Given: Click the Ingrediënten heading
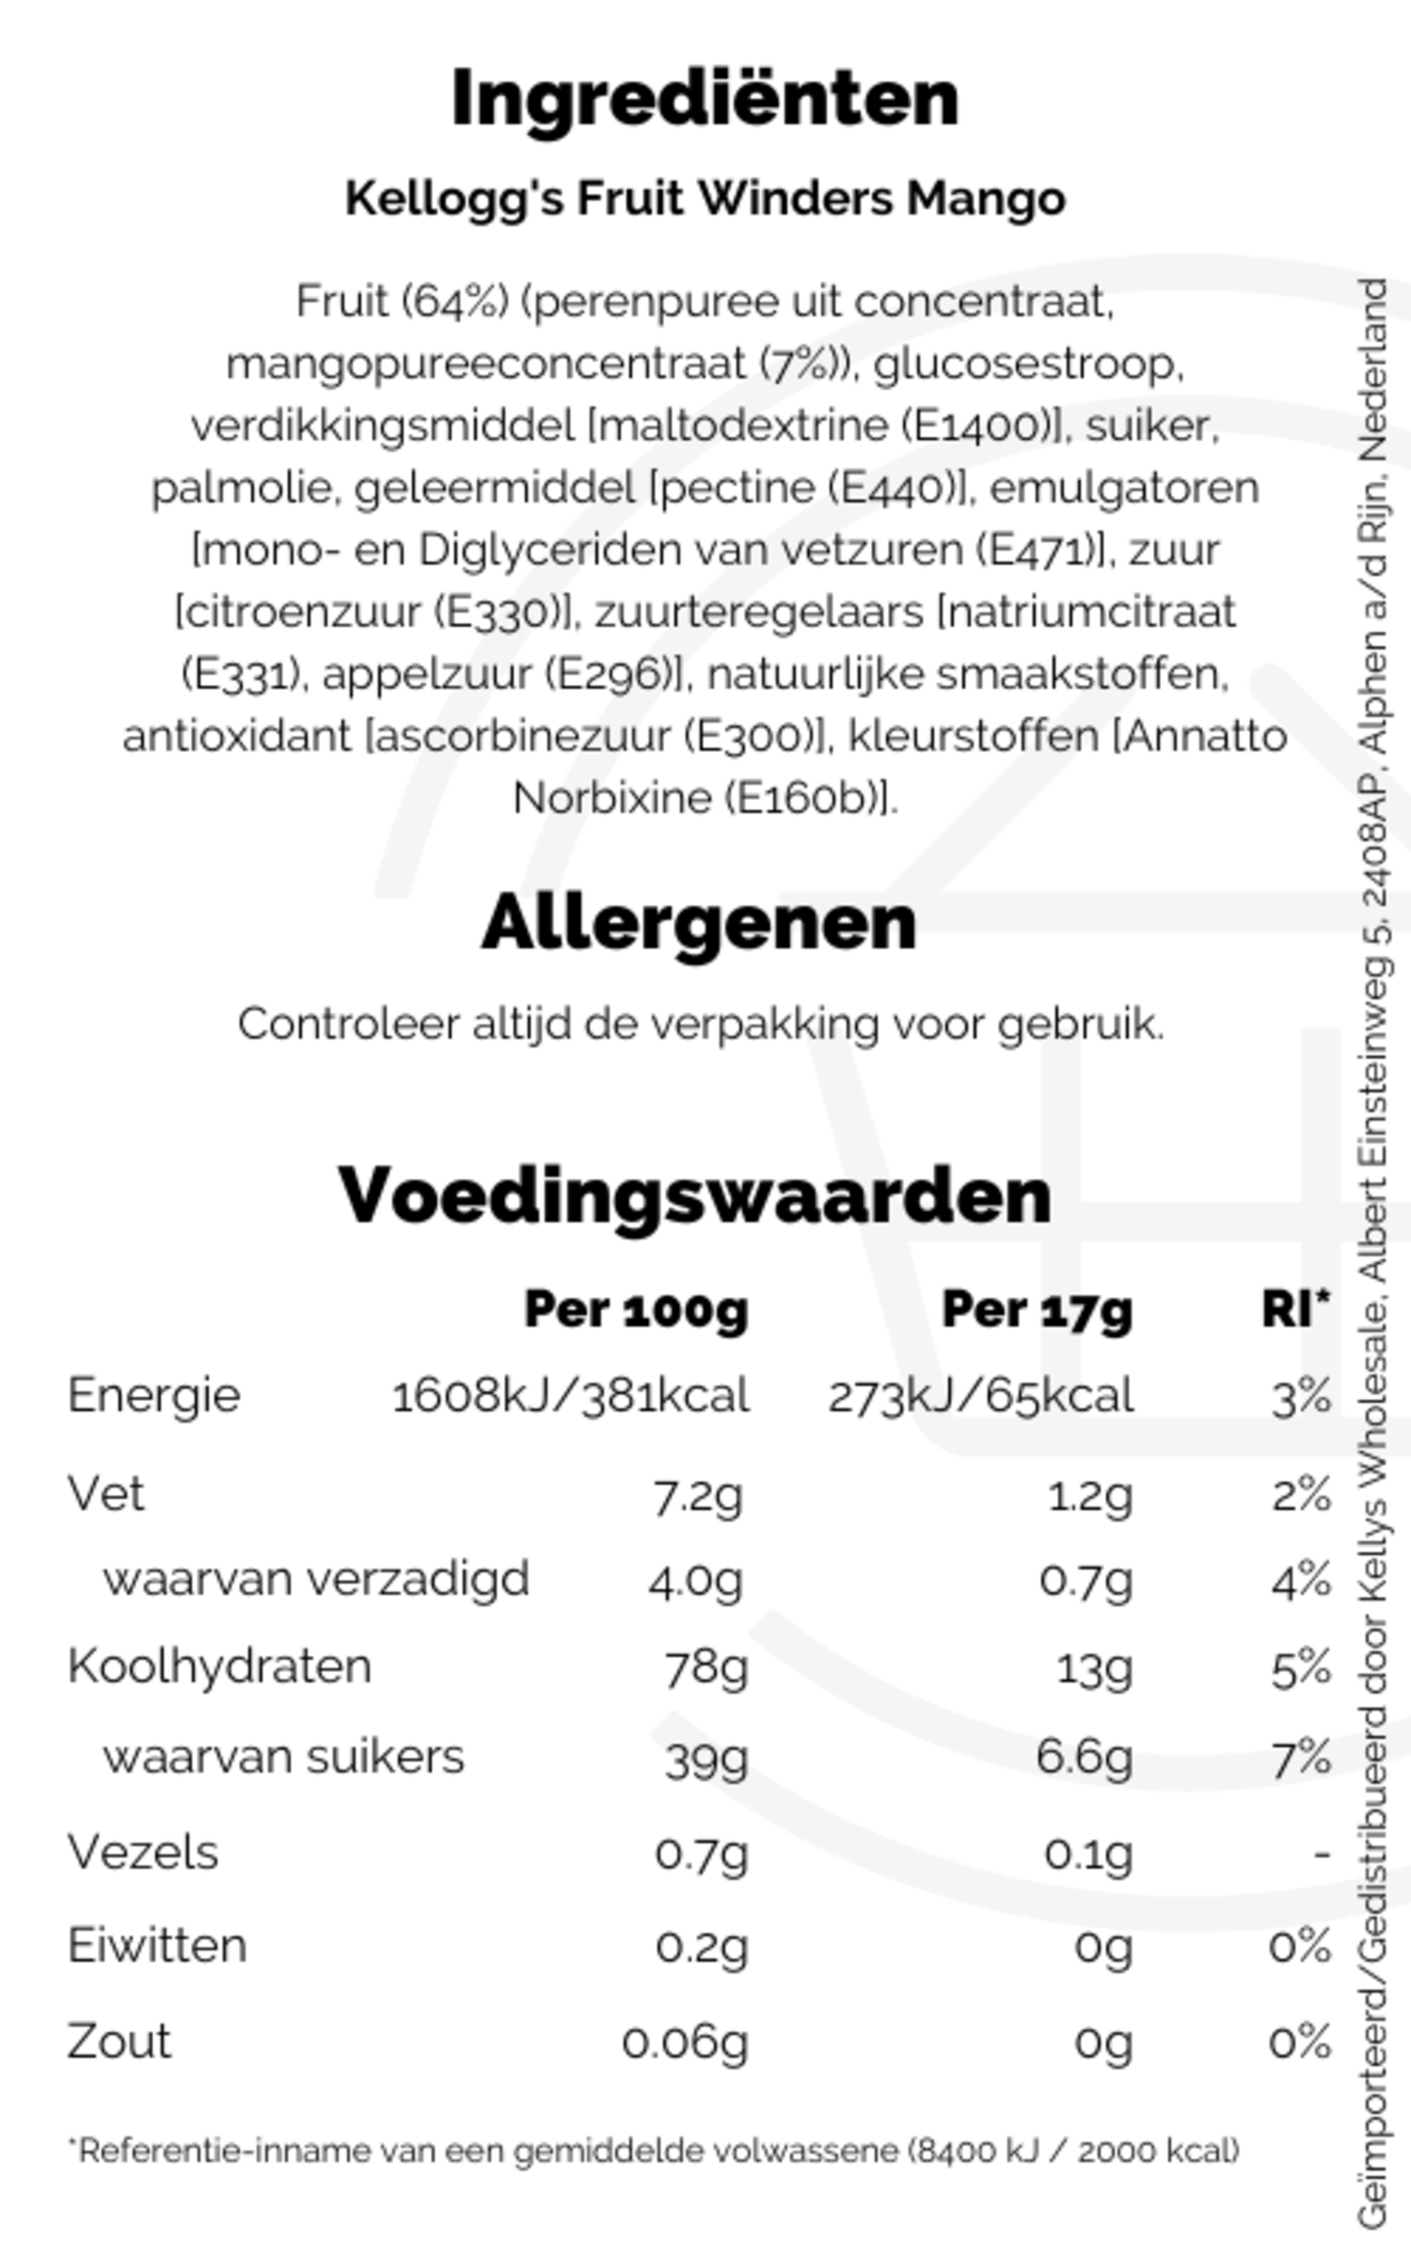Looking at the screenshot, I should click(x=705, y=100).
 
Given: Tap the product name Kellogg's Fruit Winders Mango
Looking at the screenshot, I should click(x=705, y=199).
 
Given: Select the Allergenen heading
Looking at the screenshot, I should click(x=698, y=923).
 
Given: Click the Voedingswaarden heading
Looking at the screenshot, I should click(x=694, y=1197).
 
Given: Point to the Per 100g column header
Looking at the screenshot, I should click(x=636, y=1310).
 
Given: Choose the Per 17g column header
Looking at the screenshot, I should click(x=1037, y=1310).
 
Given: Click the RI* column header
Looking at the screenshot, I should click(x=1295, y=1308).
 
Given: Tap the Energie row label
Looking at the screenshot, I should click(x=153, y=1395).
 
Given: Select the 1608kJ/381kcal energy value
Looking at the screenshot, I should click(x=570, y=1396).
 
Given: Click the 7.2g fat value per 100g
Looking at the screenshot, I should click(x=697, y=1495).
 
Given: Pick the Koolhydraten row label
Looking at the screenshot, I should click(x=219, y=1666).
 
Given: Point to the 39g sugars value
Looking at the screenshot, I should click(x=705, y=1757).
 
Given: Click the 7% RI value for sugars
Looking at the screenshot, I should click(x=1301, y=1757).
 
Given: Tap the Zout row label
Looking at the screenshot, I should click(x=119, y=2042).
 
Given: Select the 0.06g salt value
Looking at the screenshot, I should click(x=685, y=2043).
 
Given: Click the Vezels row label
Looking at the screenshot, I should click(x=143, y=1853).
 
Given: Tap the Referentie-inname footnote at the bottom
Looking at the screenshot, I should click(x=654, y=2152).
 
